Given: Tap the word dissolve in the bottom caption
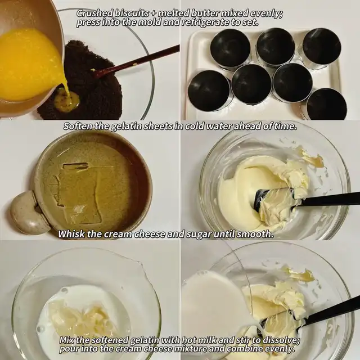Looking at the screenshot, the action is click(x=281, y=340).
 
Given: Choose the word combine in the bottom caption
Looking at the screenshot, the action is click(x=245, y=349).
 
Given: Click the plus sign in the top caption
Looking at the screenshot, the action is click(x=154, y=14).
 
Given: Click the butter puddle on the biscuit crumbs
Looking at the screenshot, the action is click(x=68, y=101).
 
